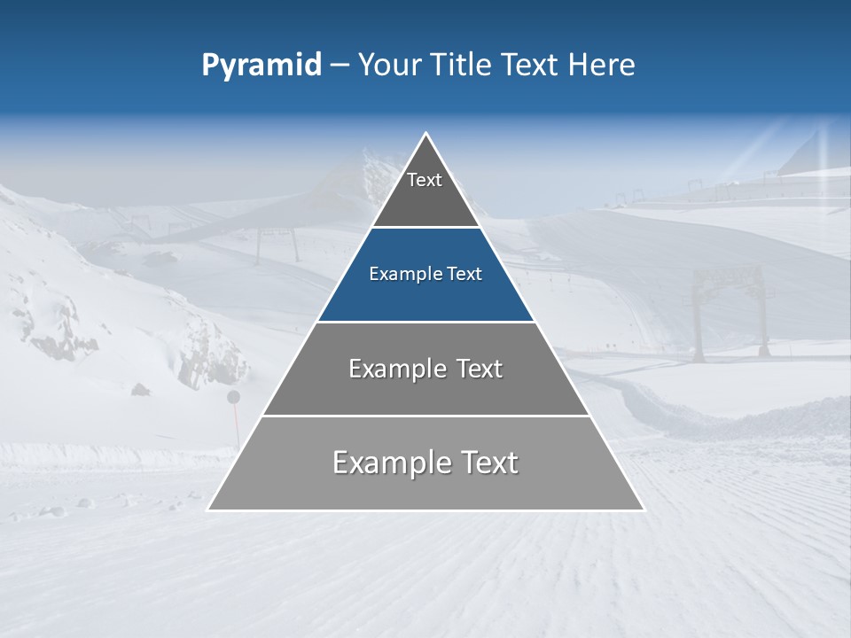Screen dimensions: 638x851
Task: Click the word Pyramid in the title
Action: coord(261,65)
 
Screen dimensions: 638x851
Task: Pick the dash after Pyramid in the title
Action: coord(339,66)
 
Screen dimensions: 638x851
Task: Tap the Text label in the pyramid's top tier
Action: coord(425,180)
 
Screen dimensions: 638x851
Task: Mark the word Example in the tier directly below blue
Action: coord(393,369)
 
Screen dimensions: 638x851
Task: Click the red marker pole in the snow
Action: coord(235,425)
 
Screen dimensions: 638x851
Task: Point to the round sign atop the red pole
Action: coord(234,396)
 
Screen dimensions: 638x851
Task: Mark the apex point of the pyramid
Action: coord(426,135)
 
